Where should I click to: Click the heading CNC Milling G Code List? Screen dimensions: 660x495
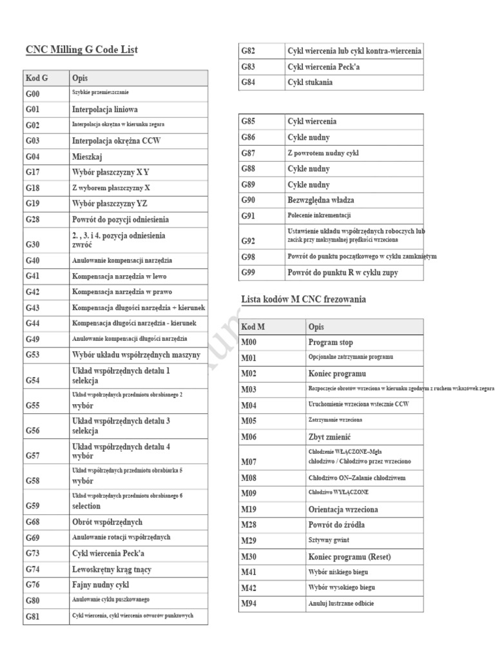point(81,50)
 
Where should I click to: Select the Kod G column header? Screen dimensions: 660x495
point(37,78)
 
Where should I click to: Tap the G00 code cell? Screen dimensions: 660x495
point(33,93)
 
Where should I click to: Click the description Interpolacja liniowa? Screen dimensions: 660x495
point(104,109)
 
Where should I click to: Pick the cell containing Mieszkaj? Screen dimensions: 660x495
point(88,156)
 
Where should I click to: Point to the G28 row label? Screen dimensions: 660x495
point(33,219)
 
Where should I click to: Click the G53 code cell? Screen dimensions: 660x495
point(33,354)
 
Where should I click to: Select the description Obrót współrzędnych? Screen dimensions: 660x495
point(107,521)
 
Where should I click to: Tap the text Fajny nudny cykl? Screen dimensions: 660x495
point(101,585)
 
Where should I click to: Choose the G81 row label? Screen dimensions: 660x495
point(33,617)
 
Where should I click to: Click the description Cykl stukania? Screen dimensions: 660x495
point(310,82)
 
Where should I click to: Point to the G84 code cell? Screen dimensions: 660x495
point(248,82)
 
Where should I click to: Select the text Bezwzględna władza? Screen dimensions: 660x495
point(320,200)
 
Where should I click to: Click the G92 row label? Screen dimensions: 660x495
point(248,241)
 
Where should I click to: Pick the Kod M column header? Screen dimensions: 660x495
point(253,327)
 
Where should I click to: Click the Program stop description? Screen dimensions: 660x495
point(331,342)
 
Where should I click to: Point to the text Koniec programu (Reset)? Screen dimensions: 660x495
point(349,556)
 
